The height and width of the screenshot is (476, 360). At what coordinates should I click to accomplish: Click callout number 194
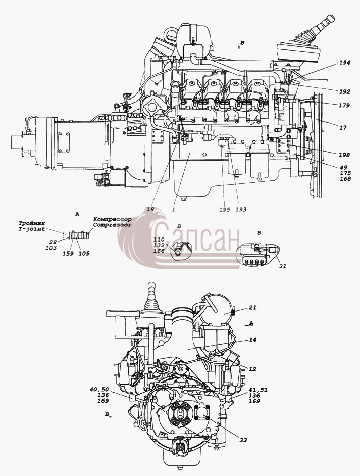point(345,63)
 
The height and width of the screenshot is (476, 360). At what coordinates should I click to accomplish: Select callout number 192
point(345,91)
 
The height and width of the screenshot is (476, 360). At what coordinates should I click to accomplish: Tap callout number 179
point(344,105)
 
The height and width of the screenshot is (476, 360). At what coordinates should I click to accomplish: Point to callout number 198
point(344,155)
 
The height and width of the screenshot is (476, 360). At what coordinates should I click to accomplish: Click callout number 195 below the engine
point(225,210)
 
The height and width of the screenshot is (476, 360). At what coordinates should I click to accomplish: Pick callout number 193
point(241,210)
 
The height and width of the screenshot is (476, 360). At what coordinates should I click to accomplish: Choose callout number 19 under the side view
point(150,209)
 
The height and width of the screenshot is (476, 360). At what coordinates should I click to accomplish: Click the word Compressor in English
point(113,225)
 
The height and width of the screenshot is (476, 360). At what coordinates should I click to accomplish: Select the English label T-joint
point(31,229)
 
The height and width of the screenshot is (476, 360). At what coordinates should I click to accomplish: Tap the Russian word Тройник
point(31,224)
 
